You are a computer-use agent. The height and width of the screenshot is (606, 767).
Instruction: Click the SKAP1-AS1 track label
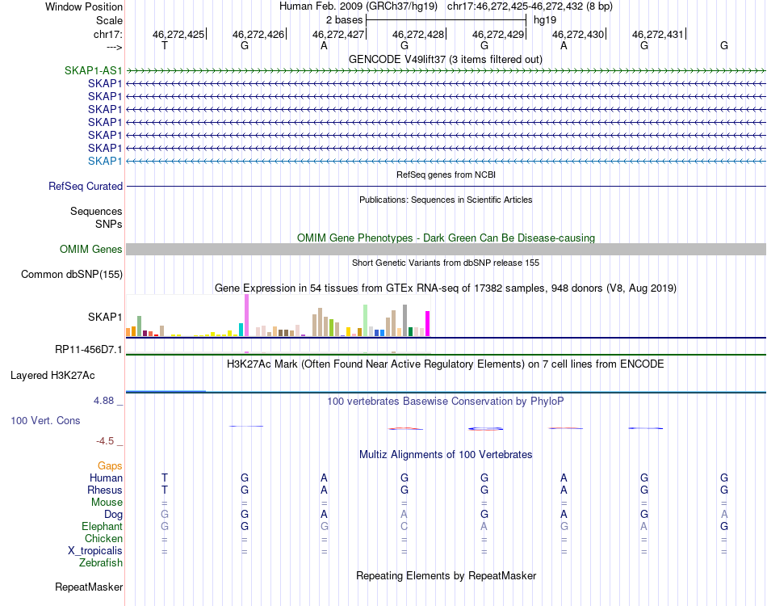[x=93, y=70]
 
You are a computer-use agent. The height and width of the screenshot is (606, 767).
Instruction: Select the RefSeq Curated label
[x=86, y=186]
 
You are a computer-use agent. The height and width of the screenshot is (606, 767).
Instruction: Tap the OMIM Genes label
[x=90, y=250]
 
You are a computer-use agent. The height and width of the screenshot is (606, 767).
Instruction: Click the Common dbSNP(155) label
[x=72, y=275]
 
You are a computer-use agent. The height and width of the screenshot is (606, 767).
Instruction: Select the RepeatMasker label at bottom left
[x=88, y=587]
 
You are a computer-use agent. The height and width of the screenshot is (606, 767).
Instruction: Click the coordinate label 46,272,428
[x=418, y=35]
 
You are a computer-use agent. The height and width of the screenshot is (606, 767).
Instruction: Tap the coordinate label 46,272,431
[x=658, y=35]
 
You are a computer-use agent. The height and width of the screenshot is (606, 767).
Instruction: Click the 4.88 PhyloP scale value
[x=107, y=401]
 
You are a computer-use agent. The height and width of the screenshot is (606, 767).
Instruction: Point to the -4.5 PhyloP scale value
[x=107, y=441]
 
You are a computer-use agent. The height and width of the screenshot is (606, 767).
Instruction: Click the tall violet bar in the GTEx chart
[x=246, y=315]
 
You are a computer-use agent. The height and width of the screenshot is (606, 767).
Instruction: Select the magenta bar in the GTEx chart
[x=428, y=323]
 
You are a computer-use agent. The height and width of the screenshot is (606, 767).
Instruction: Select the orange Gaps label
[x=110, y=465]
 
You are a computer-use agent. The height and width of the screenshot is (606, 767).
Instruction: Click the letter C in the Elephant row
[x=404, y=526]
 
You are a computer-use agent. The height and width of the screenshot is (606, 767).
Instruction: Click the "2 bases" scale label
[x=345, y=19]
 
